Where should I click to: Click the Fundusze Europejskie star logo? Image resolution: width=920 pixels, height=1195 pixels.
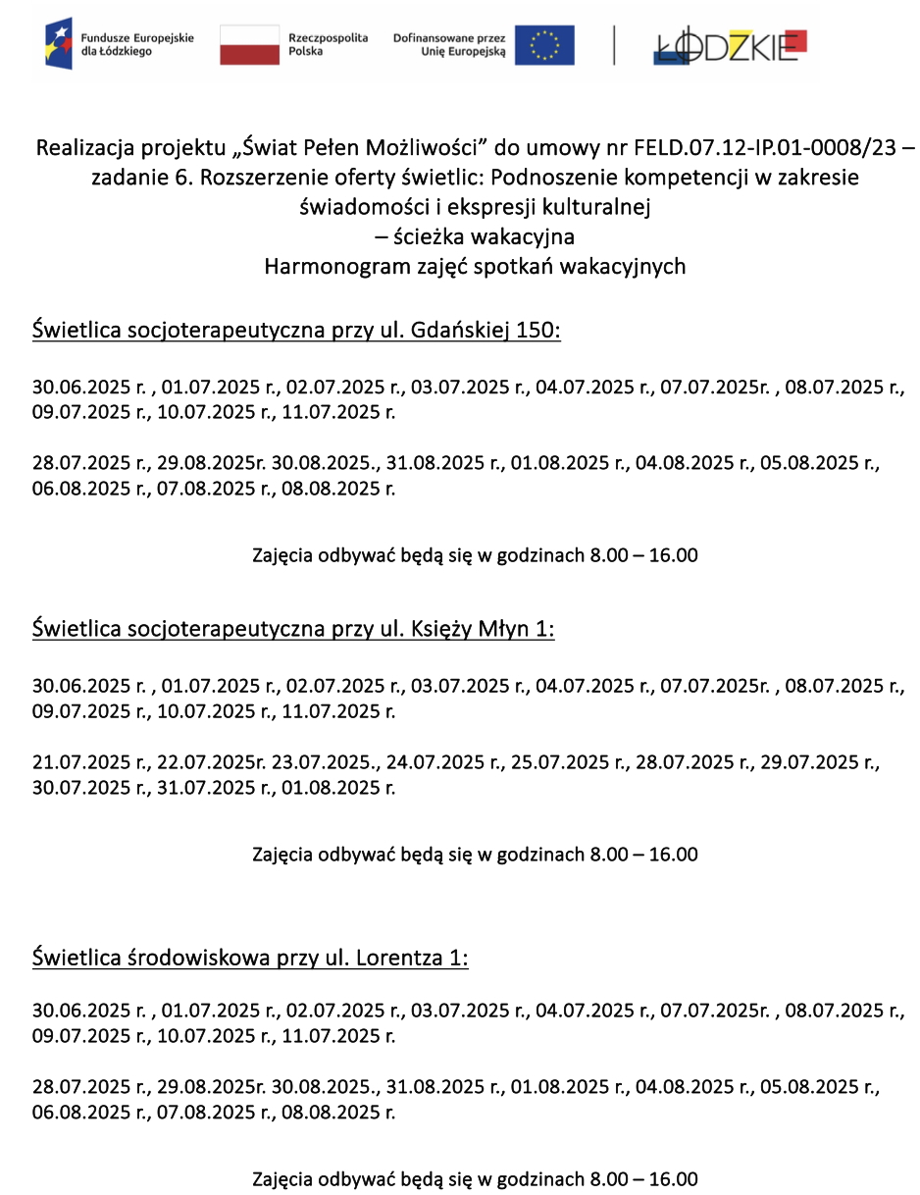[58, 44]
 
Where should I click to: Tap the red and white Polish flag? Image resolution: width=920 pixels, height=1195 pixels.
[249, 45]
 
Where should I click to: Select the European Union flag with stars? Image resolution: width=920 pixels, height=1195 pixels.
[544, 45]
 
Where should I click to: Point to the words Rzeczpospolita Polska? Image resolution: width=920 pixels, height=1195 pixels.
[328, 45]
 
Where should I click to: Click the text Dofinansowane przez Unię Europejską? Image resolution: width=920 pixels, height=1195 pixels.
[449, 45]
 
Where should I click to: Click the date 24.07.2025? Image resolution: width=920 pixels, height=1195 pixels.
[435, 761]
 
